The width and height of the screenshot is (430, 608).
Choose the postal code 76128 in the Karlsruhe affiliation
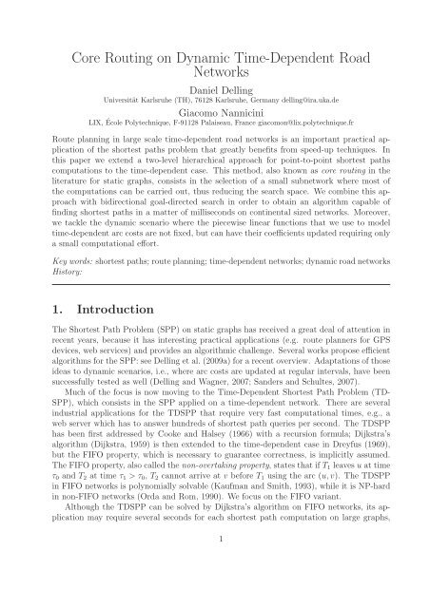click(x=198, y=99)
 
